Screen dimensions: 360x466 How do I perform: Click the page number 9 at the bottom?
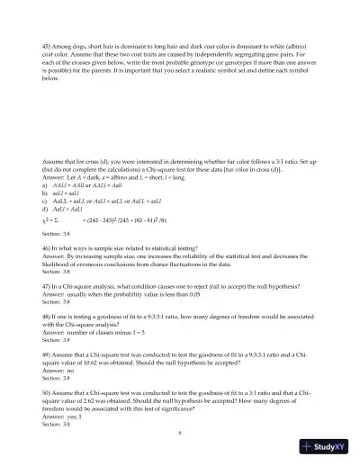click(x=180, y=433)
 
